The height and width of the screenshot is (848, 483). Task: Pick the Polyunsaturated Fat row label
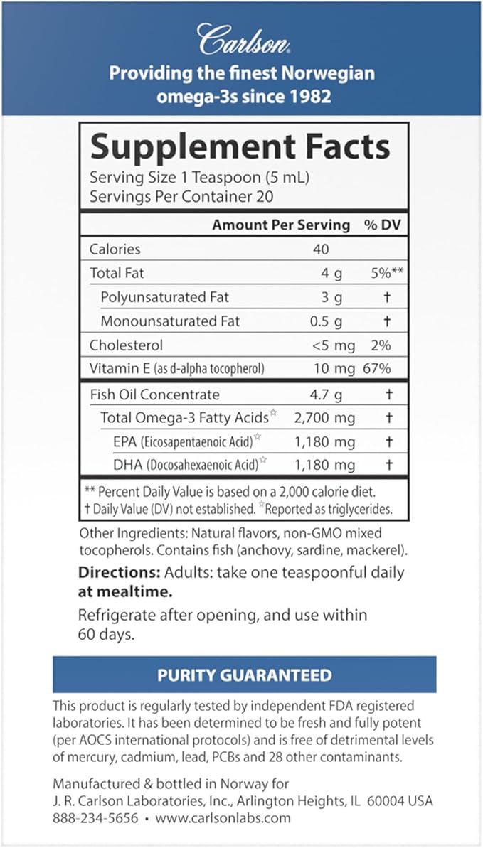164,297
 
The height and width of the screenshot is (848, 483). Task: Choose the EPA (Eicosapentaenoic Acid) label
182,442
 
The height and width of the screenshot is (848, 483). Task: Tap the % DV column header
380,225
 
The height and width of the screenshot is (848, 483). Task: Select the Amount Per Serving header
281,225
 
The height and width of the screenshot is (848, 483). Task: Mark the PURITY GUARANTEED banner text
244,675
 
